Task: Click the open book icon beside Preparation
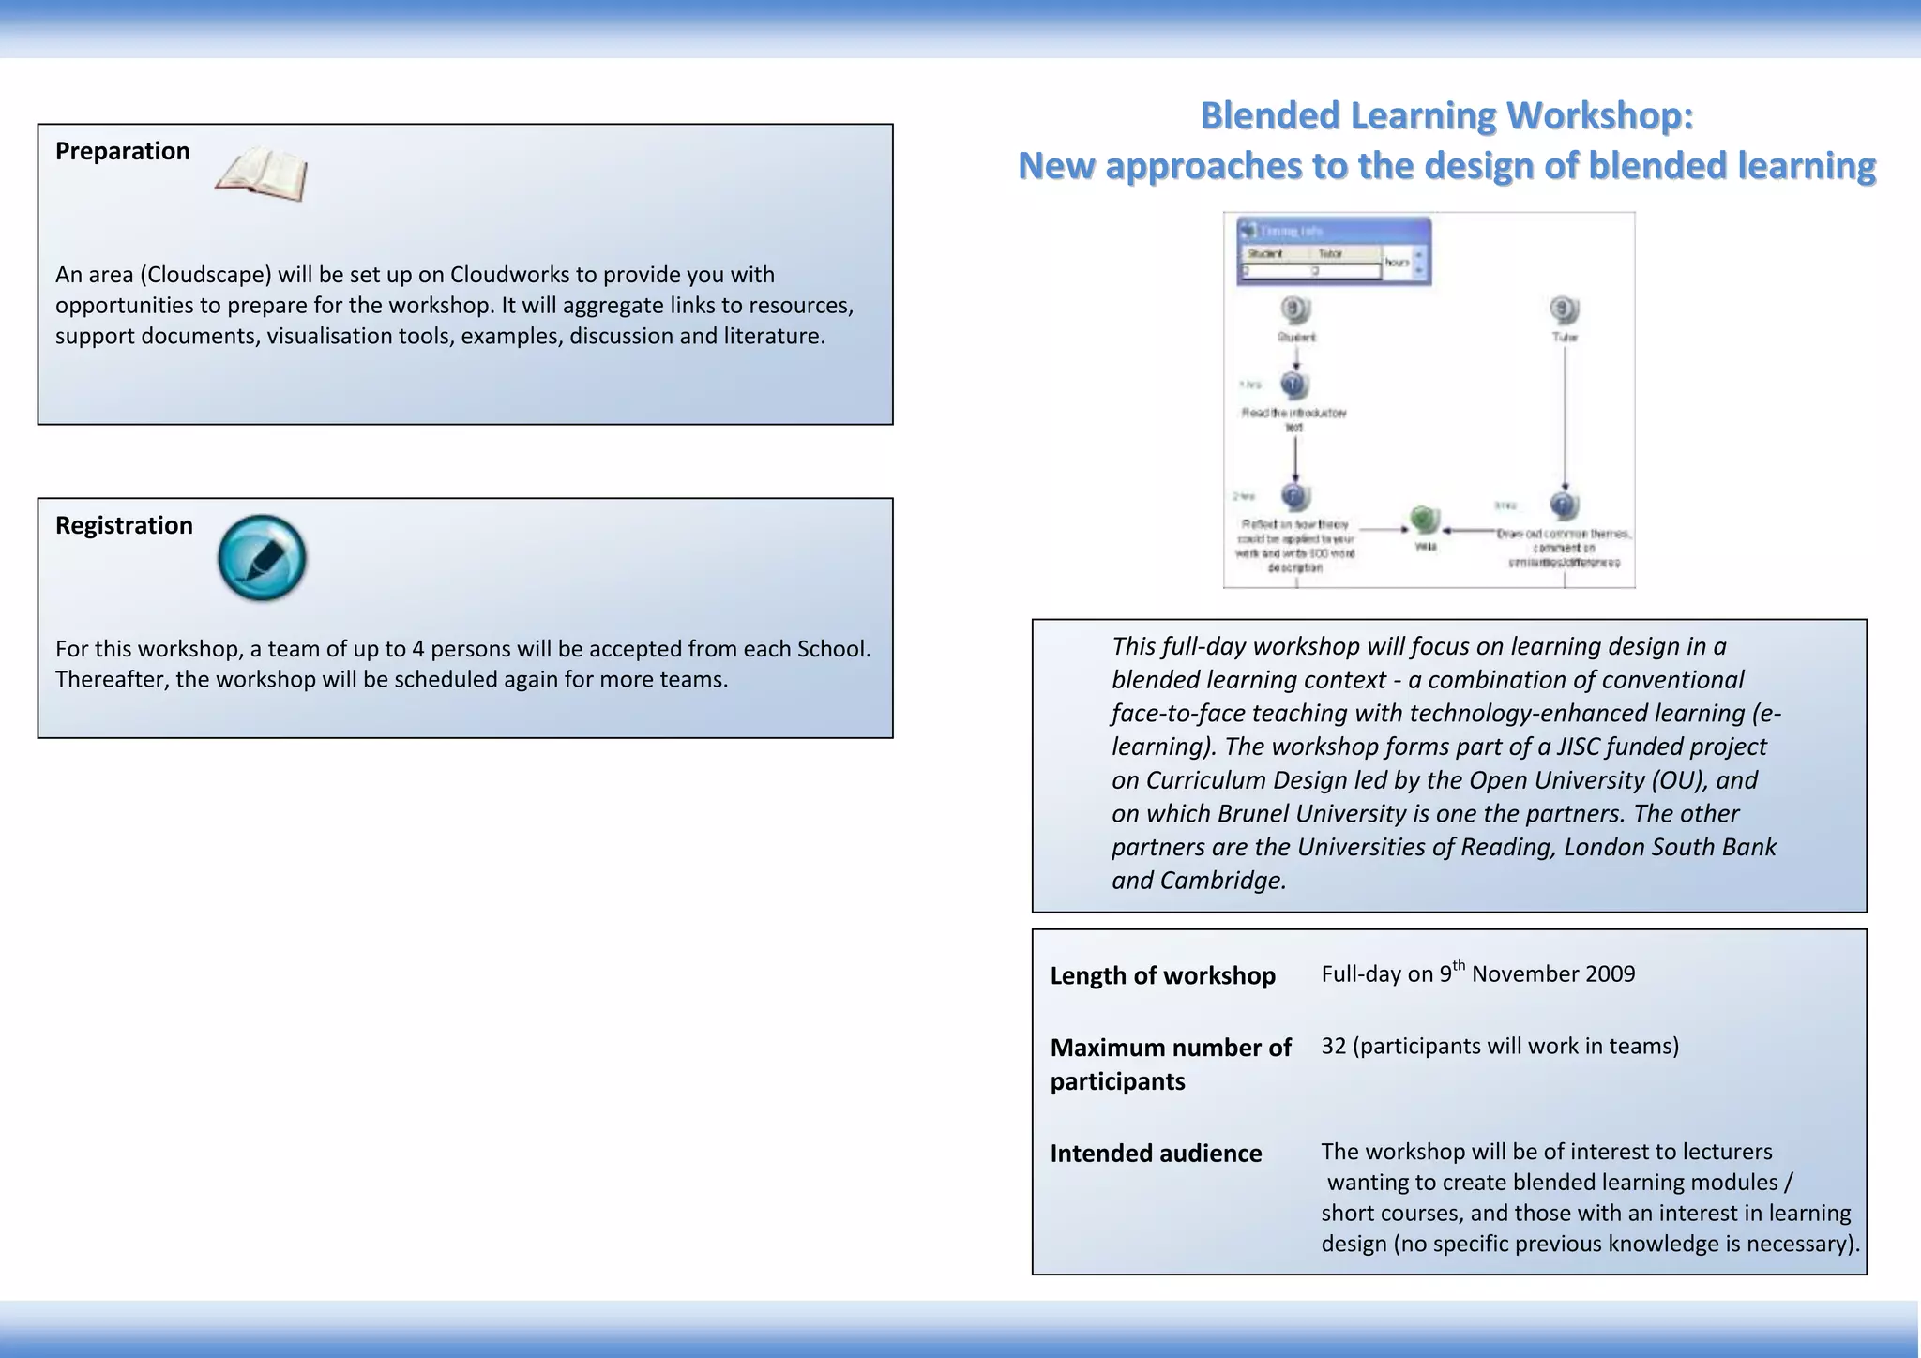point(262,174)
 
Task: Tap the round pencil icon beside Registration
point(262,558)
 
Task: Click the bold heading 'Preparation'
point(122,151)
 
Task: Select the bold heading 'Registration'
point(124,525)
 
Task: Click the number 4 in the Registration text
point(418,649)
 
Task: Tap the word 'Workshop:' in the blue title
point(1600,116)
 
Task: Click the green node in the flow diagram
point(1424,519)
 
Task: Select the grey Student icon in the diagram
point(1295,309)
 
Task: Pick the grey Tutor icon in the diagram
point(1564,309)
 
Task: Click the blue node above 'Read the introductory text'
point(1294,385)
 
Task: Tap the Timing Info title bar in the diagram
point(1333,231)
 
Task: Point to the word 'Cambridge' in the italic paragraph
point(1221,881)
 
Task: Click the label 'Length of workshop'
point(1162,976)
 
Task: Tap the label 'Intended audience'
point(1156,1154)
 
